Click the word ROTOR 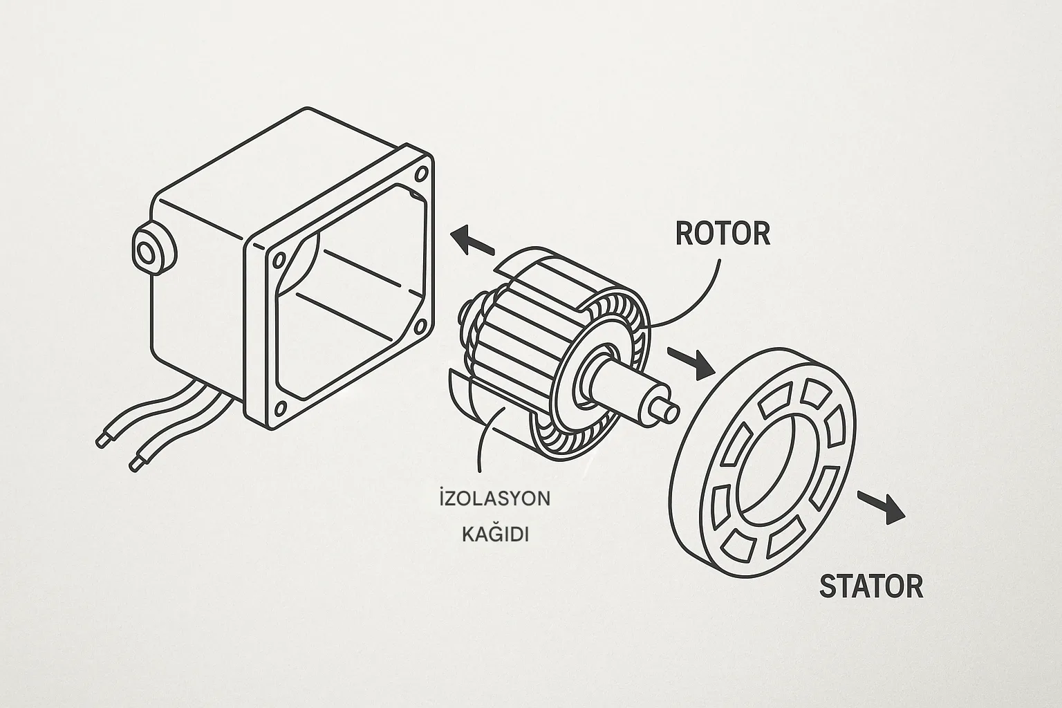[x=722, y=234]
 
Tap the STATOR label [x=870, y=586]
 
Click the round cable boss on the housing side [x=147, y=253]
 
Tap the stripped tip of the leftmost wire [x=102, y=440]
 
